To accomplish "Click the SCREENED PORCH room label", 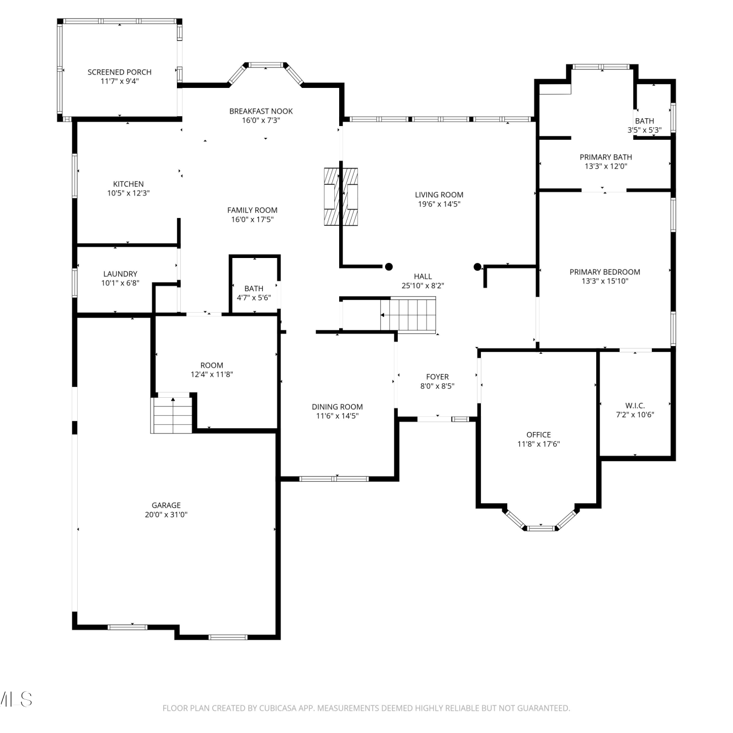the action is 119,72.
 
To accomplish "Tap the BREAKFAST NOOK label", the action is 261,111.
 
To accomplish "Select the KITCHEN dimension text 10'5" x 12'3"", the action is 129,193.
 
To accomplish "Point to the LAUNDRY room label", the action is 120,274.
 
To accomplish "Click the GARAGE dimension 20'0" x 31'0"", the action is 166,515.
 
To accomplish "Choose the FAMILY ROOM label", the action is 252,210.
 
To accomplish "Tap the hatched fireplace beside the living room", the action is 341,196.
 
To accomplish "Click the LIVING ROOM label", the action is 439,194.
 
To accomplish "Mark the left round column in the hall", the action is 389,266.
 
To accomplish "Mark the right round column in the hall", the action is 477,267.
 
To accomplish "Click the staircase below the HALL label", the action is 408,315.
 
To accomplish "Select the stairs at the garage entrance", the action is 172,415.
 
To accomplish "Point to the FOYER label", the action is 437,377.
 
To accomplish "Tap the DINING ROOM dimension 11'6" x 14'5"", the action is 337,416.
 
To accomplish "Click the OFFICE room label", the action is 539,434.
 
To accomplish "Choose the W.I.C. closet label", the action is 635,406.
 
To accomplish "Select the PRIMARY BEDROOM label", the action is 605,272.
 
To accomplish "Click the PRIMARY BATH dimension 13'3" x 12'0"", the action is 606,166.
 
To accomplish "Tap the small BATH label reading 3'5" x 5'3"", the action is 645,130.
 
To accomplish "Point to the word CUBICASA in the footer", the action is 278,708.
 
